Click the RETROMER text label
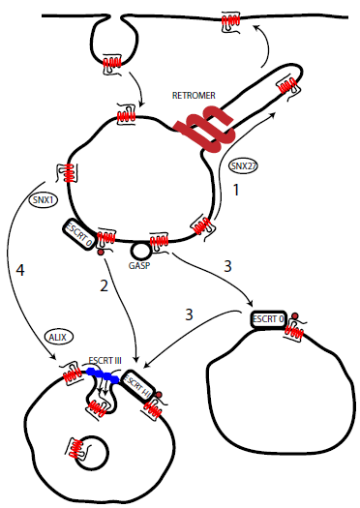pyautogui.click(x=194, y=95)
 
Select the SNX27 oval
pyautogui.click(x=243, y=165)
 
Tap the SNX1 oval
pyautogui.click(x=44, y=200)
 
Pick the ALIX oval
pyautogui.click(x=58, y=337)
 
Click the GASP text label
pyautogui.click(x=139, y=266)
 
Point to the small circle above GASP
pyautogui.click(x=140, y=251)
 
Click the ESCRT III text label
pyautogui.click(x=105, y=360)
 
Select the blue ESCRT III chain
pyautogui.click(x=103, y=375)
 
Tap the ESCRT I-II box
pyautogui.click(x=137, y=386)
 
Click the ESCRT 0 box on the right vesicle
pyautogui.click(x=268, y=319)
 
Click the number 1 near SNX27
pyautogui.click(x=236, y=190)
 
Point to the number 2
pyautogui.click(x=104, y=285)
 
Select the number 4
pyautogui.click(x=20, y=270)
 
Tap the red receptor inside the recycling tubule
pyautogui.click(x=287, y=86)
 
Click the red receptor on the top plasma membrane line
pyautogui.click(x=230, y=21)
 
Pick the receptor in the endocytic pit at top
pyautogui.click(x=112, y=63)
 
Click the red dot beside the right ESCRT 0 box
pyautogui.click(x=294, y=315)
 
